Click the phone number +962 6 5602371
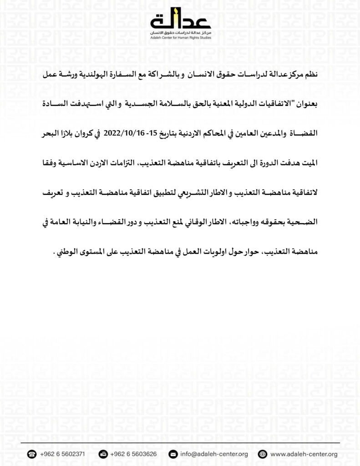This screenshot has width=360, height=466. [x=62, y=454]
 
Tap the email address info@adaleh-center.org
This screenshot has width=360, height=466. [x=214, y=454]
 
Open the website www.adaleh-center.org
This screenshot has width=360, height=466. [x=304, y=454]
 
